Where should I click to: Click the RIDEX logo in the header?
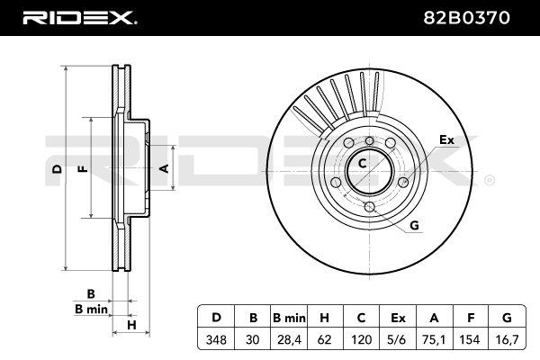pyautogui.click(x=78, y=17)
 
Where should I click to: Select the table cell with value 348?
pyautogui.click(x=216, y=340)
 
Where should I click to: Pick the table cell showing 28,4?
pyautogui.click(x=290, y=340)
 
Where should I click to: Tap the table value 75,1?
pyautogui.click(x=435, y=340)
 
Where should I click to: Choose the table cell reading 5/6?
pyautogui.click(x=398, y=340)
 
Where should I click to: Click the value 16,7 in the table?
pyautogui.click(x=507, y=340)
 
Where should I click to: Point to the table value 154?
pyautogui.click(x=471, y=340)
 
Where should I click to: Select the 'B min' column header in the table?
pyautogui.click(x=290, y=318)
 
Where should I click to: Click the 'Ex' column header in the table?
pyautogui.click(x=398, y=318)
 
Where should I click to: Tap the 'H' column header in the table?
pyautogui.click(x=326, y=318)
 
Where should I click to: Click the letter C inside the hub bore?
pyautogui.click(x=362, y=164)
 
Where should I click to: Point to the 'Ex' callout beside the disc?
pyautogui.click(x=446, y=139)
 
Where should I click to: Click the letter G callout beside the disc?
pyautogui.click(x=415, y=224)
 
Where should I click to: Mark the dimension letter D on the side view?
pyautogui.click(x=56, y=168)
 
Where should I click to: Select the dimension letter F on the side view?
pyautogui.click(x=83, y=168)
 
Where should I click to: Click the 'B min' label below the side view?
pyautogui.click(x=91, y=309)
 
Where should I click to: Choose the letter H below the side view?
pyautogui.click(x=130, y=324)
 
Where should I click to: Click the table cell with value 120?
pyautogui.click(x=362, y=340)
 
